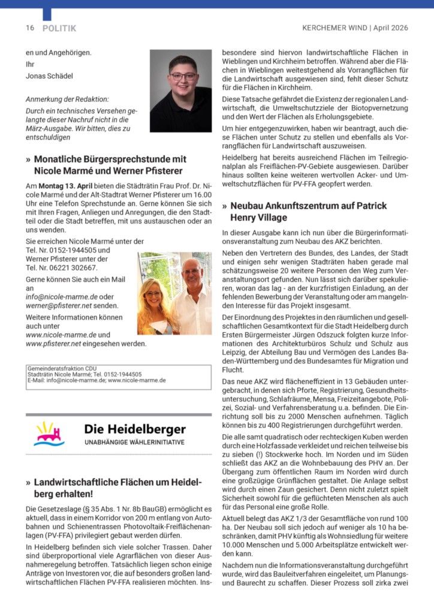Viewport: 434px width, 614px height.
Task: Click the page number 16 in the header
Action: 29,28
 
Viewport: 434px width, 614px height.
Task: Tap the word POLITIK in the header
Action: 59,28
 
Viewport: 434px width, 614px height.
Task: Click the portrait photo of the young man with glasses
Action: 180,91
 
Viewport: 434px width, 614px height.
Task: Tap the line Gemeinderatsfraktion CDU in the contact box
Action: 62,368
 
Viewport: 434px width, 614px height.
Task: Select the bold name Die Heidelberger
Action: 135,429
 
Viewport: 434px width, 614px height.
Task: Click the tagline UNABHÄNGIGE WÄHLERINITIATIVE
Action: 134,443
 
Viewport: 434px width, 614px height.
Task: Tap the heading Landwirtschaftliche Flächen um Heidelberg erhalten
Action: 114,488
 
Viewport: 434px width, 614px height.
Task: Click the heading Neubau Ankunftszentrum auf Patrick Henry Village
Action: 305,212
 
